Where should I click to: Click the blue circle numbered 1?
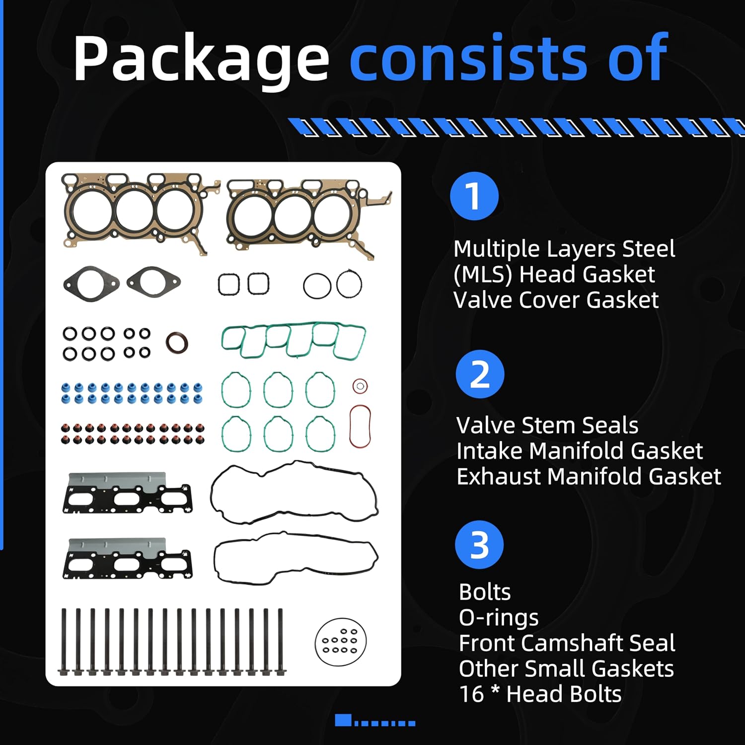[474, 196]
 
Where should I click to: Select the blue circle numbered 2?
[480, 374]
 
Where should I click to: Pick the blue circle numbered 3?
[479, 545]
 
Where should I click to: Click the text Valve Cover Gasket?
[556, 300]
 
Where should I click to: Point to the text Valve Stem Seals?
[547, 426]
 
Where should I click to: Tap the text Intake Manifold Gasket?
[580, 451]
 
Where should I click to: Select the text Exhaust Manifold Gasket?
[589, 477]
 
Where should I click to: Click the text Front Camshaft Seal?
[567, 643]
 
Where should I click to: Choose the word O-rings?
[499, 618]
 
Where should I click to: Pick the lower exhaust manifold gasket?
[128, 559]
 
